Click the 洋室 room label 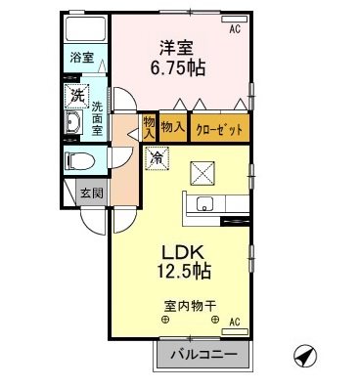coord(176,48)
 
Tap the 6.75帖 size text coord(178,68)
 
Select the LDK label coord(184,253)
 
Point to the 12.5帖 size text coord(184,272)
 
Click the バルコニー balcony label coord(203,355)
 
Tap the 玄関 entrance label coord(92,194)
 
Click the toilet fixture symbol coord(80,160)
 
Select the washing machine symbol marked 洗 coord(77,96)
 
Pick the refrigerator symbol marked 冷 coord(157,158)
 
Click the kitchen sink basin coord(204,204)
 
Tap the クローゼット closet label coord(219,130)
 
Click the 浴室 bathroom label coord(82,58)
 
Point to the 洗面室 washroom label coord(97,118)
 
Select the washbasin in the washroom coord(74,122)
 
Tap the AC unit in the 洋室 coord(235,20)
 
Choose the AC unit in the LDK coord(235,331)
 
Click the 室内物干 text coord(190,306)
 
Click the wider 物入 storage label coord(173,127)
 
